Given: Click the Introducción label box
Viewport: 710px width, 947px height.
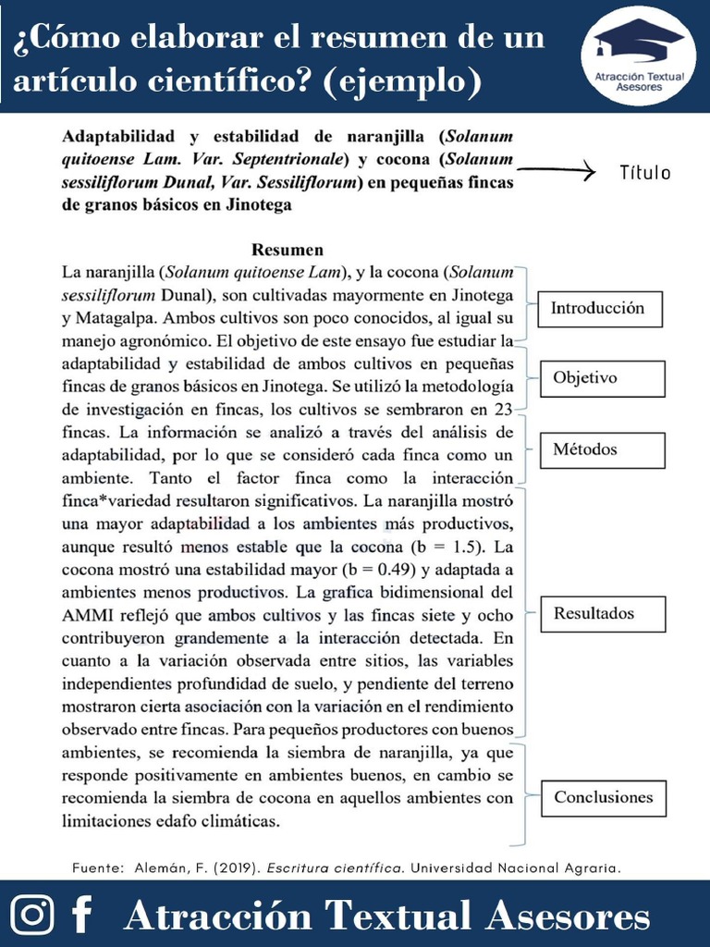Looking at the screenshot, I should [x=596, y=308].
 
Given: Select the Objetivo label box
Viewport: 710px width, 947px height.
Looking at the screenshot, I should [x=602, y=378].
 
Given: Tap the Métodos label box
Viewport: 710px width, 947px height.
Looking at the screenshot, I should [x=602, y=450].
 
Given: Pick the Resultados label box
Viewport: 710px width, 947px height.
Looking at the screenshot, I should [x=602, y=614].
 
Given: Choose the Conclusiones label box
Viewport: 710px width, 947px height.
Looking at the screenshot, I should [x=603, y=797].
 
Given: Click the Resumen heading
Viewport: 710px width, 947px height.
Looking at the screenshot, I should [x=288, y=250].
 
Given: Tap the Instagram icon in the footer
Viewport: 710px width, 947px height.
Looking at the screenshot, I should [x=33, y=915].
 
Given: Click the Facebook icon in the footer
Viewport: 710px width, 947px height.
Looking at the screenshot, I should [x=82, y=915].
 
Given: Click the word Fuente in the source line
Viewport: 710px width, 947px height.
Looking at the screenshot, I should [x=96, y=867].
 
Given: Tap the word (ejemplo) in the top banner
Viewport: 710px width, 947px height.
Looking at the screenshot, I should [x=403, y=82].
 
